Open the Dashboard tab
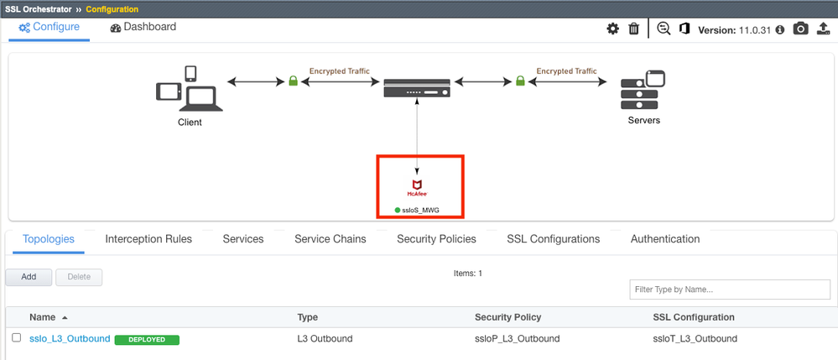pos(143,27)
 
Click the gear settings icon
pos(613,29)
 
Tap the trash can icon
pos(634,29)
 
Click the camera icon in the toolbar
pos(801,29)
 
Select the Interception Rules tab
pos(148,239)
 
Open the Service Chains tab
pos(330,239)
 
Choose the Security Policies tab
pos(436,239)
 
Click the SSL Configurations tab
pos(553,239)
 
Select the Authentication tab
pos(664,239)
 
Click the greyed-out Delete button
pos(79,277)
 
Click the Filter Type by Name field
pos(730,290)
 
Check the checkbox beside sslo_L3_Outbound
pos(16,338)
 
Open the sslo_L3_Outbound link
pos(70,339)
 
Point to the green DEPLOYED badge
pos(147,340)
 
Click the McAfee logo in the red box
pos(417,187)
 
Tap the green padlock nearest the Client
pos(294,81)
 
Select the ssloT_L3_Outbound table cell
pos(695,339)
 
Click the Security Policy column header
pos(507,317)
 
